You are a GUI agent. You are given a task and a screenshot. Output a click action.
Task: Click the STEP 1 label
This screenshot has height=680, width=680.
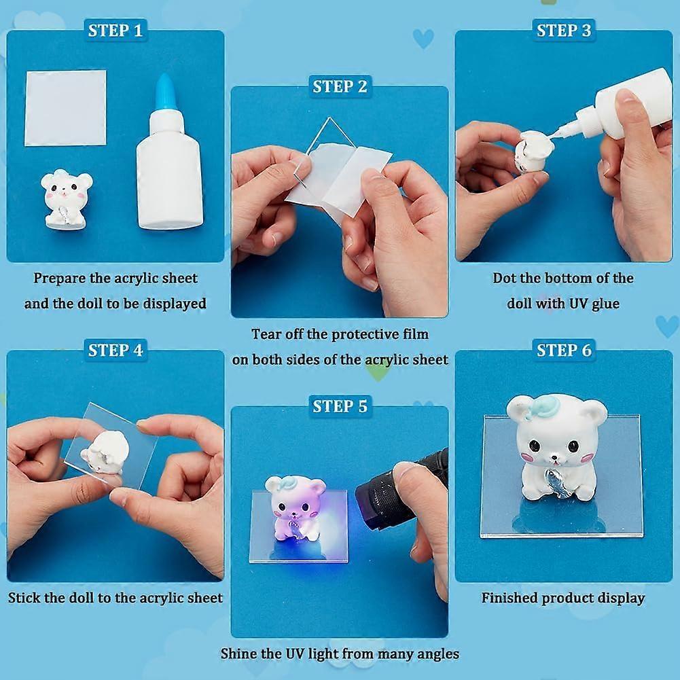tap(115, 31)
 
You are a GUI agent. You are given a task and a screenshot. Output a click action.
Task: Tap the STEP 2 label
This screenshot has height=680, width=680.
tap(340, 86)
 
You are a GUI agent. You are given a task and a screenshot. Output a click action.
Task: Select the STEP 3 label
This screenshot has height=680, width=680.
tap(564, 31)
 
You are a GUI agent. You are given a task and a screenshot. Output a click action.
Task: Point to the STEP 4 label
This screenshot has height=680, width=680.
tap(115, 351)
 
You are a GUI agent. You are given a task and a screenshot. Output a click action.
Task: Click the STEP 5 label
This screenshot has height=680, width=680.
tap(340, 406)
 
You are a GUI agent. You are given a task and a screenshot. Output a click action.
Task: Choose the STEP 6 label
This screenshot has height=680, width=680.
tap(564, 351)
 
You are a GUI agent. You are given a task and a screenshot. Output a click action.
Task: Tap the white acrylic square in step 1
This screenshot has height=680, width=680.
tap(65, 107)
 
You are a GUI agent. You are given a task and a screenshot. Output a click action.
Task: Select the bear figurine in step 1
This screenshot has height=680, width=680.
tap(66, 198)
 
